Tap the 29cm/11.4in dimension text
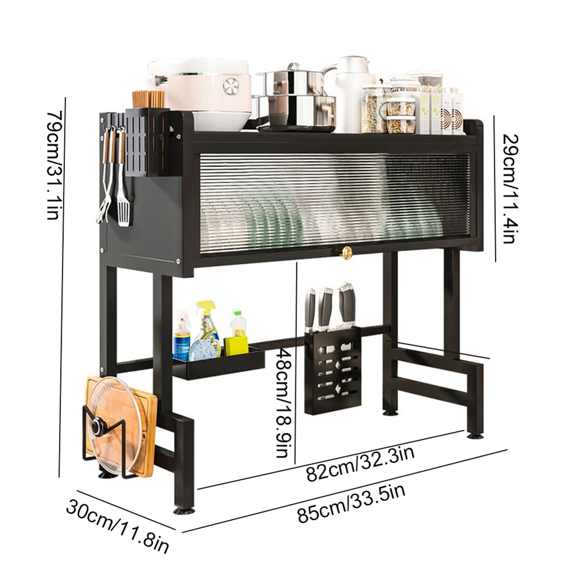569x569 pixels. [510, 188]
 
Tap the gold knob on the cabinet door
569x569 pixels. [346, 252]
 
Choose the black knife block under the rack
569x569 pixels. [333, 370]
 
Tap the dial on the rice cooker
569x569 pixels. [231, 86]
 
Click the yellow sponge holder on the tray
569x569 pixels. [236, 345]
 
